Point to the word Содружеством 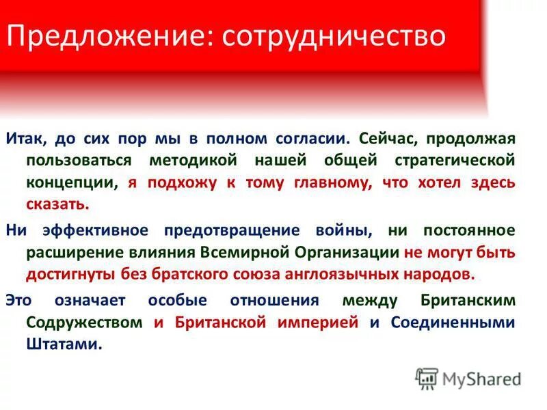pos(85,323)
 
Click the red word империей pos(317,323)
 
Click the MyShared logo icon pos(427,378)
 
